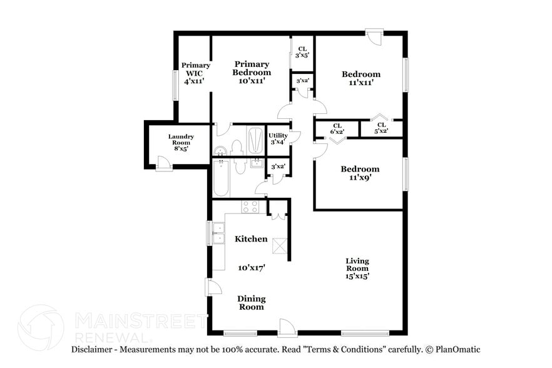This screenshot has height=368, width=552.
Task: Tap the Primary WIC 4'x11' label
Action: coord(195,73)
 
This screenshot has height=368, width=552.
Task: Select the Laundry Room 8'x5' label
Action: coord(180,143)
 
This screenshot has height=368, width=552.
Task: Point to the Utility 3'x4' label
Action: coord(277,138)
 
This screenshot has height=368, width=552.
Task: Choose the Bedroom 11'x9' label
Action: coord(360,173)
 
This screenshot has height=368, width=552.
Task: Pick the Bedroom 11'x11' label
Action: coord(360,78)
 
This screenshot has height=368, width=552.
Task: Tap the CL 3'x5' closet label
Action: coord(302,52)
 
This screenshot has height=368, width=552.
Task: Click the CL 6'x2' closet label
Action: coord(337,128)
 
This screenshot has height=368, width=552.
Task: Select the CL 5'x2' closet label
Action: coord(381,128)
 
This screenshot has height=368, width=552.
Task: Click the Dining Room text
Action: coord(250,303)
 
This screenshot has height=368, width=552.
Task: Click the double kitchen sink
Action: coord(218,234)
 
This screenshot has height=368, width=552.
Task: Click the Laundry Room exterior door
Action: coord(163,164)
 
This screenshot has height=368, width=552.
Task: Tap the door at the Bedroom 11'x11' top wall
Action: coord(374,36)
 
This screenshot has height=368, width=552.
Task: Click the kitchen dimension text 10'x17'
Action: coord(251,267)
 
